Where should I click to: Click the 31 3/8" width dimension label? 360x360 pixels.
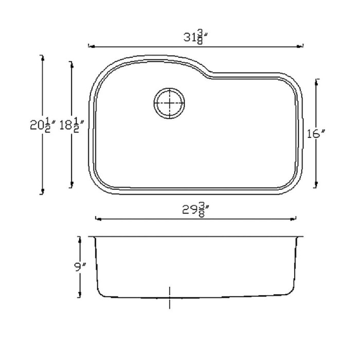196,38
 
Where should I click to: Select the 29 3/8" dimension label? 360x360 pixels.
195,209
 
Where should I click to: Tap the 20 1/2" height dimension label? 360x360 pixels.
43,125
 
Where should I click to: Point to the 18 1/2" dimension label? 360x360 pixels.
71,125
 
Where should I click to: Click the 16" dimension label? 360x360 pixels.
316,134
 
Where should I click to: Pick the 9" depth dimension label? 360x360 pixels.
80,267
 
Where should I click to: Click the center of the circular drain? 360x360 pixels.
169,103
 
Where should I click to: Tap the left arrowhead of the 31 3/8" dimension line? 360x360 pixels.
92,47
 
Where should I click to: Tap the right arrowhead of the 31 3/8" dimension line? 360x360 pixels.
300,46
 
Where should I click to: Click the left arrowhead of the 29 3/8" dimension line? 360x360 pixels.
98,219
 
